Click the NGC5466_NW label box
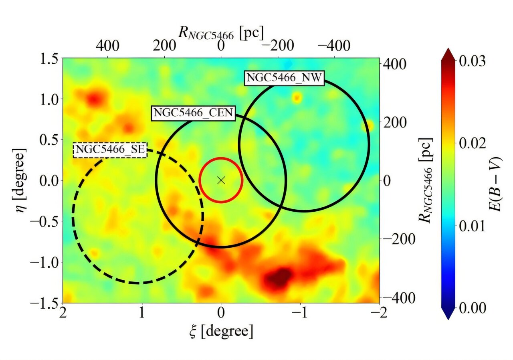tap(283, 78)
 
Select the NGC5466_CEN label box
tap(193, 113)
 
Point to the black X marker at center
tap(221, 180)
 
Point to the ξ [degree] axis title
tap(221, 331)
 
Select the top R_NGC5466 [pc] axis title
tap(221, 34)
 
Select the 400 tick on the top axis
tap(107, 46)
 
